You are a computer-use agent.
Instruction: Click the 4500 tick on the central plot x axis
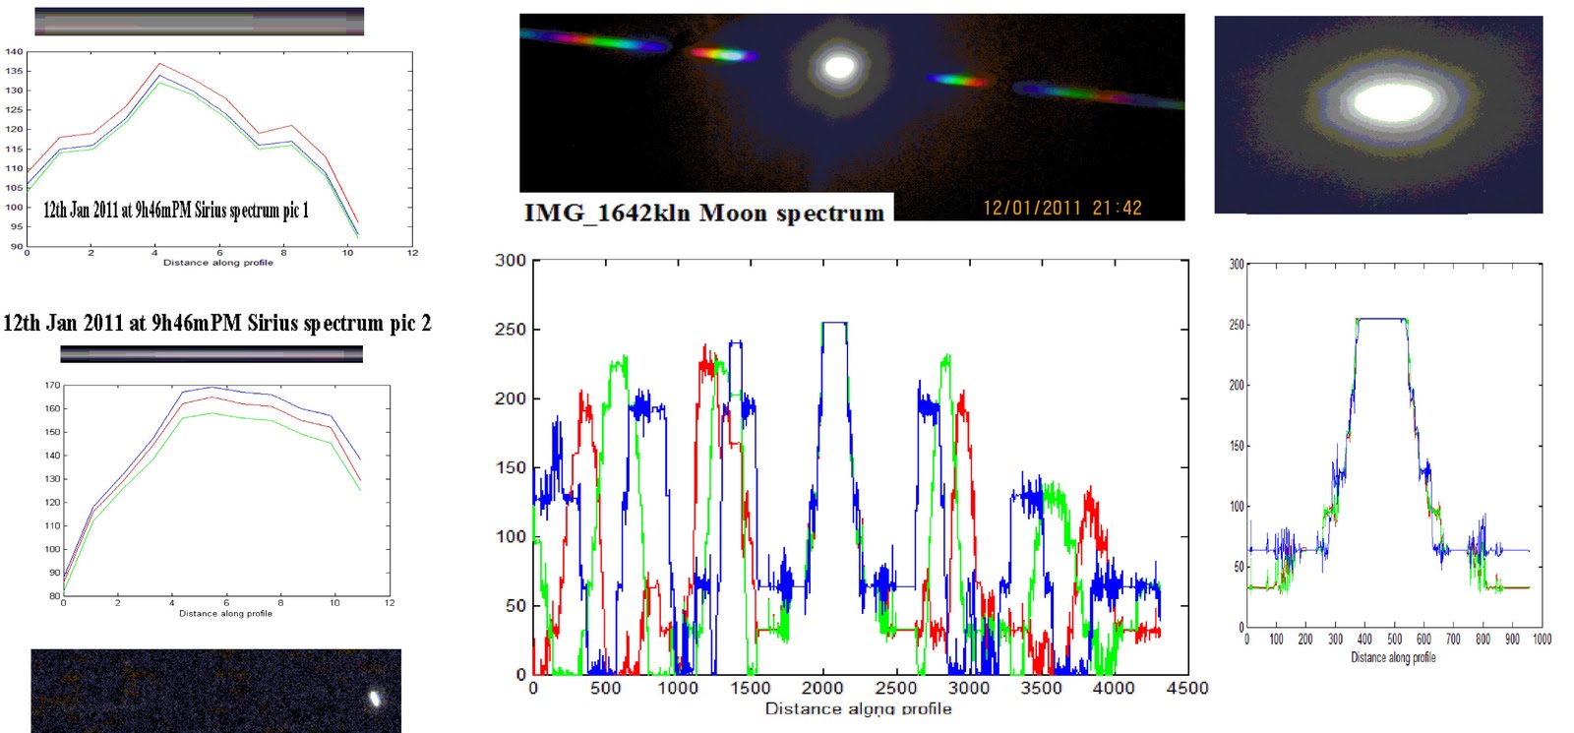(1186, 688)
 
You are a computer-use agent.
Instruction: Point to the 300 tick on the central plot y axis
(511, 261)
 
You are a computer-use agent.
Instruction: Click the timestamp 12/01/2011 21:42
(1062, 208)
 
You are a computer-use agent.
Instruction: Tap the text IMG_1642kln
(608, 213)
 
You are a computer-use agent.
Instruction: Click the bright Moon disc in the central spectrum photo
(839, 67)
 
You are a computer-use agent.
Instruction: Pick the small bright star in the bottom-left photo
(375, 699)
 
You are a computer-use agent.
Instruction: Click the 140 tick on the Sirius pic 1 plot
(14, 51)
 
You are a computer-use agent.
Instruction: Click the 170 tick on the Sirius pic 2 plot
(52, 386)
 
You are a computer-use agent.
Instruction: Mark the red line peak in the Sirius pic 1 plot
(158, 64)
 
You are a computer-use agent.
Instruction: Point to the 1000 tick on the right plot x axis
(1542, 640)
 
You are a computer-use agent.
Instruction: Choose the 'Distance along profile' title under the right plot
(1393, 657)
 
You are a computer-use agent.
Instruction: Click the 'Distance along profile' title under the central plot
(858, 708)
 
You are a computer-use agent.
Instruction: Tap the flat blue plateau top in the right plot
(1381, 319)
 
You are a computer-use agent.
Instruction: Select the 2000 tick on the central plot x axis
(822, 688)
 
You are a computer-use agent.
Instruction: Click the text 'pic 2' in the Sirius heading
(410, 323)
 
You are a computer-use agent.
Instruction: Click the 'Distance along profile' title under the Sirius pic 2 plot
(225, 613)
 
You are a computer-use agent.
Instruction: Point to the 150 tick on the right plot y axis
(1237, 446)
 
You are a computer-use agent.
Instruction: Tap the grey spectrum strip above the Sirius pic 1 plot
(199, 22)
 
